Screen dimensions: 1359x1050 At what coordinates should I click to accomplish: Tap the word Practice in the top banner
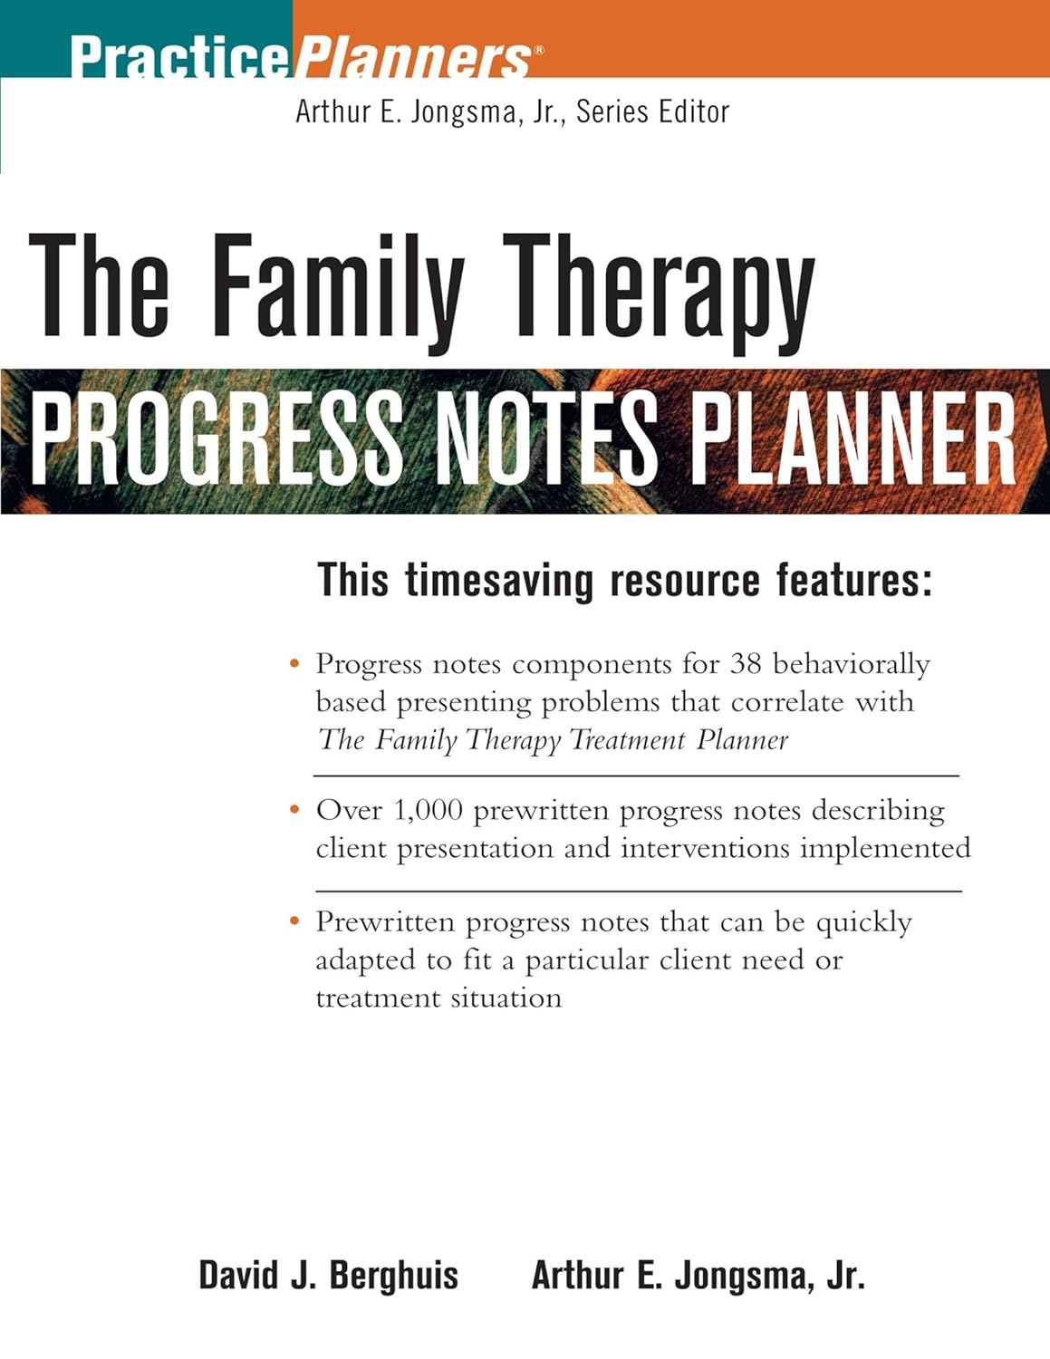point(179,57)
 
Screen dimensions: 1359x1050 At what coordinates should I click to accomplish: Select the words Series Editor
point(652,111)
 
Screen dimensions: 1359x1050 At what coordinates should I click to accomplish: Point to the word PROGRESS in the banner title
point(216,440)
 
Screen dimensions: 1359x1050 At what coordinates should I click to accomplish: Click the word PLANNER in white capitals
point(856,440)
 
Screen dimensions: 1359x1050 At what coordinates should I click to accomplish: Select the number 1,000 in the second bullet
point(428,810)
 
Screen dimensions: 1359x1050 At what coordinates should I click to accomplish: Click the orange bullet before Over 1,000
point(294,810)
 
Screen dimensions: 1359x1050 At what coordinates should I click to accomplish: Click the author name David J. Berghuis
point(329,1276)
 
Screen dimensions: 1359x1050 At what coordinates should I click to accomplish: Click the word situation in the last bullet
point(512,998)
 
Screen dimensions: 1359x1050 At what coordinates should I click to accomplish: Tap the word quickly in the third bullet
point(863,922)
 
